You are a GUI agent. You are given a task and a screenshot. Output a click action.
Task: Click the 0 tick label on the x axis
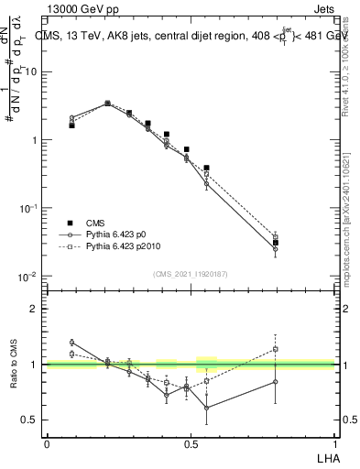47,442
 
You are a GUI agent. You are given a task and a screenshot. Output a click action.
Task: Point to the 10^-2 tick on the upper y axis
29,277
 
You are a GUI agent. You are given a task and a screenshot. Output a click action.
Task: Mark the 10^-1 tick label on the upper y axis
29,209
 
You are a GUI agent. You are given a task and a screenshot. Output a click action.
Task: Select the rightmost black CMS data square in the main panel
276,243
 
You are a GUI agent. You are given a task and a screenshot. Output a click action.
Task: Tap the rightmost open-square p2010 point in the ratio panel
276,349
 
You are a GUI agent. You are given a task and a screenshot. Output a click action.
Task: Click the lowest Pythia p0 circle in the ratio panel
207,408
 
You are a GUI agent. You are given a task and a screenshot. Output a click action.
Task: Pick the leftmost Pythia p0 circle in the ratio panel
71,342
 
